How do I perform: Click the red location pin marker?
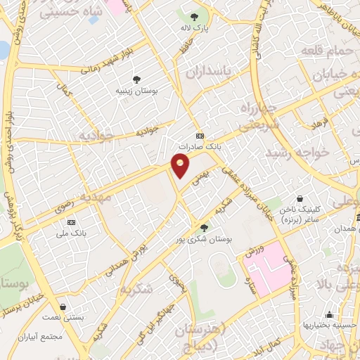pos(181,165)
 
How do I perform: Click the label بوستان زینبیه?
pos(138,91)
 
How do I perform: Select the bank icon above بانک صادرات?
pos(200,136)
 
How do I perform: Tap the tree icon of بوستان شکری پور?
pos(205,227)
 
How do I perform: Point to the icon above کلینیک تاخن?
pos(301,200)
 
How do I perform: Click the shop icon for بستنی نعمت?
pos(64,307)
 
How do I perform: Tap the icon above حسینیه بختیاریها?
pos(329,314)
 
